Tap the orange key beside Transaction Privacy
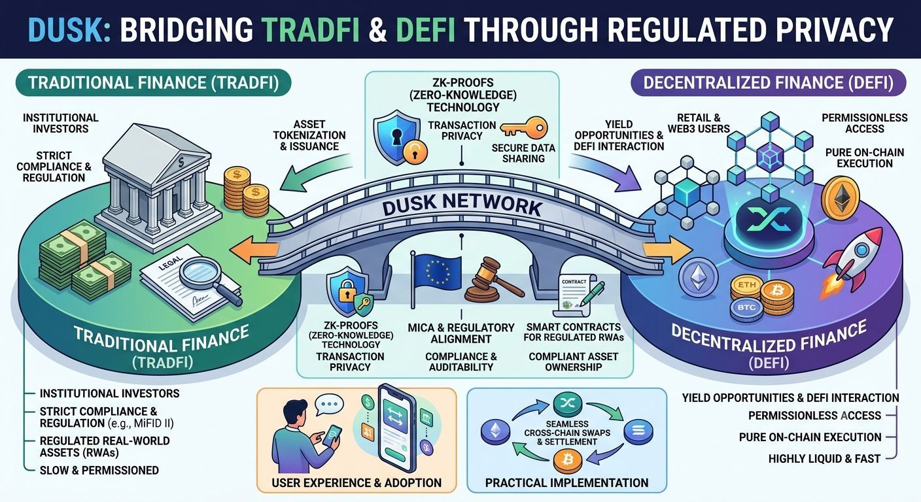click(524, 127)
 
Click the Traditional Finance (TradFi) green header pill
click(153, 82)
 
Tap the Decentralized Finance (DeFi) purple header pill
click(768, 82)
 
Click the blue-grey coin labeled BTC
click(746, 308)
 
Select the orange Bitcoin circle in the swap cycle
click(568, 461)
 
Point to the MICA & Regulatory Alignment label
click(461, 333)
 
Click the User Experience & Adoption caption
click(356, 482)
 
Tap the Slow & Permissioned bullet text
click(99, 471)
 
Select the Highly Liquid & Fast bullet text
click(824, 458)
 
